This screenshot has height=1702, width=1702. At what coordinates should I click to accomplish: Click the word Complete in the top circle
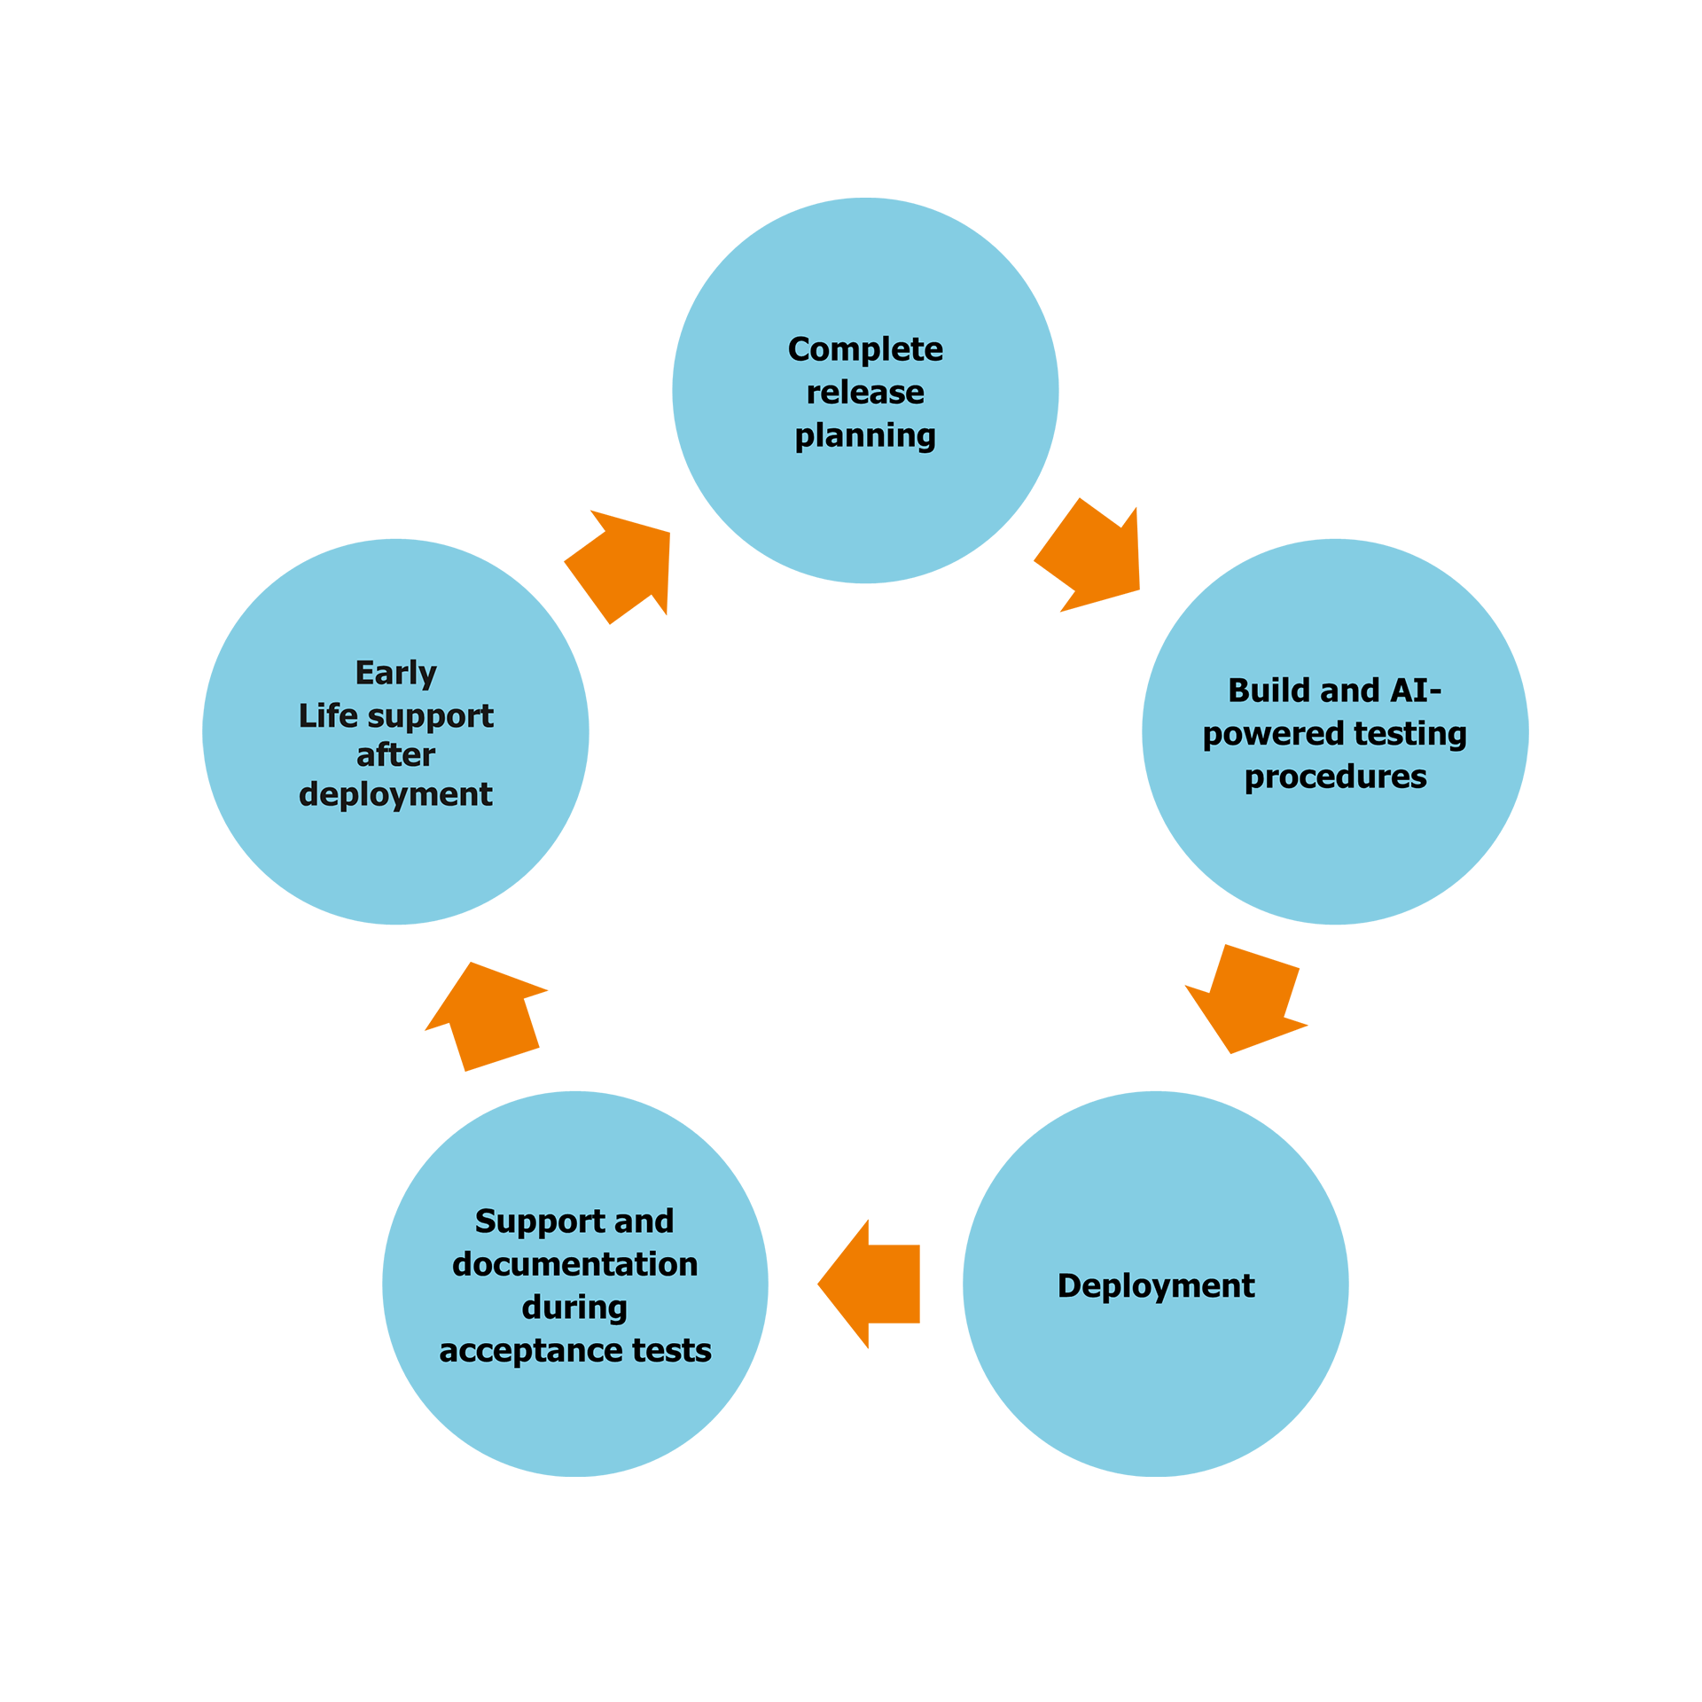(865, 349)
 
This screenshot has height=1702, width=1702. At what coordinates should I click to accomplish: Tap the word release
(865, 392)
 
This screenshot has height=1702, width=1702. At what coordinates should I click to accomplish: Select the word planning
(865, 435)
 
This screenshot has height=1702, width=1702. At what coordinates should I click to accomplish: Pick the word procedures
(1335, 777)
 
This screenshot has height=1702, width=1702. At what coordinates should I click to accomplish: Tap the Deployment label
(1156, 1285)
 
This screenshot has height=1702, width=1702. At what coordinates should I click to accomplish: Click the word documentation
(574, 1264)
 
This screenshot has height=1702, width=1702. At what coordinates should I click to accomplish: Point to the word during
(574, 1308)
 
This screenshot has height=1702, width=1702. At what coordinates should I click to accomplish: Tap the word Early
(395, 674)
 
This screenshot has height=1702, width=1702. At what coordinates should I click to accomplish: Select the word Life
(327, 715)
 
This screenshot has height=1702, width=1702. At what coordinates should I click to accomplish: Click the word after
(395, 755)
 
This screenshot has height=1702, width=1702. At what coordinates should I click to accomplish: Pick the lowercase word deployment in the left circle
(395, 794)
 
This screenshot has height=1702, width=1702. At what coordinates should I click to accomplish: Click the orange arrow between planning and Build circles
(1099, 567)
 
